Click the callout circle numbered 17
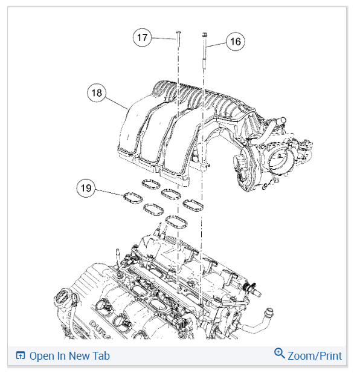[x=142, y=38]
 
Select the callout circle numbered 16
[x=235, y=41]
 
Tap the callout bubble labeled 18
[x=96, y=93]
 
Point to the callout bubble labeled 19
[x=86, y=189]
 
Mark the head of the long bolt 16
[x=205, y=36]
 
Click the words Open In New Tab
[x=69, y=355]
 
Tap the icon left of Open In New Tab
[x=20, y=355]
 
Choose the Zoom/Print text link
[x=314, y=355]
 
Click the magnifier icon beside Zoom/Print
[x=279, y=354]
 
